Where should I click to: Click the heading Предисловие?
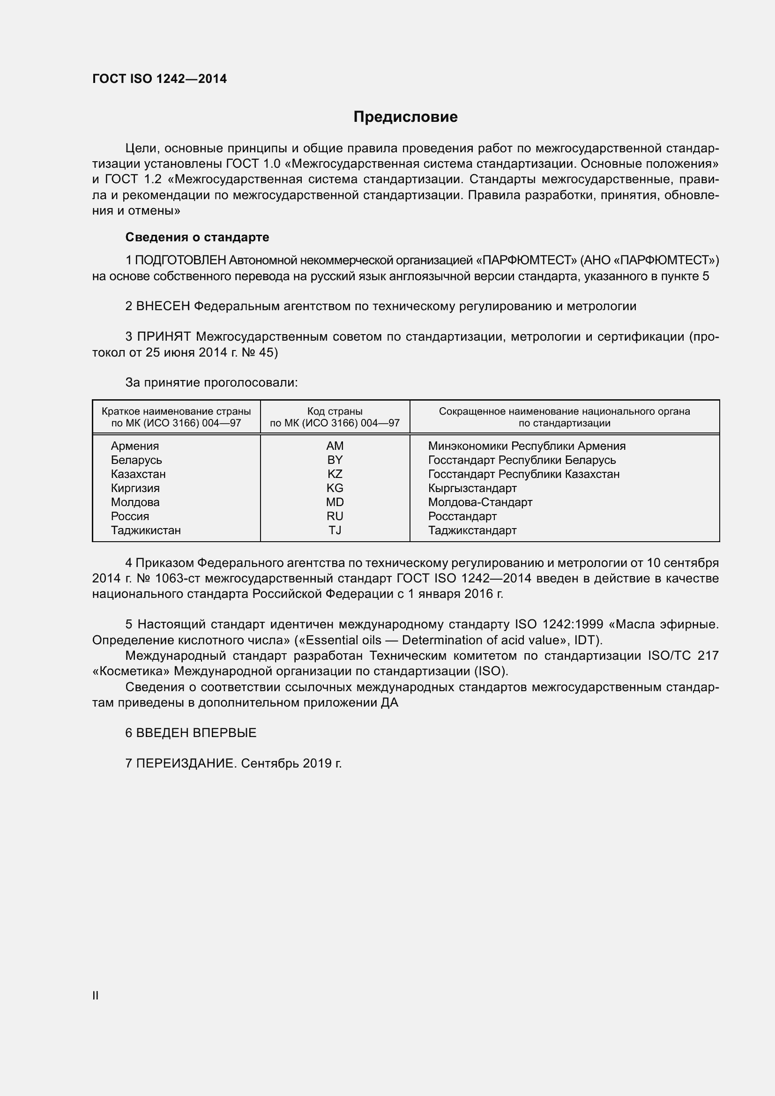coord(405,117)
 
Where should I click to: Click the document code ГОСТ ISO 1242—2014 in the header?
coord(159,79)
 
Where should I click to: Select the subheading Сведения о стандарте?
coord(197,237)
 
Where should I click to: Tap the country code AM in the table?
coord(335,446)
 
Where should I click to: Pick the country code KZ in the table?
coord(335,474)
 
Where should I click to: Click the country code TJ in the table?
coord(335,530)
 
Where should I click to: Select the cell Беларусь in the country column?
coord(136,460)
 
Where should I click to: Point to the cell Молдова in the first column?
coord(135,502)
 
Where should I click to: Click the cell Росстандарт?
coord(462,516)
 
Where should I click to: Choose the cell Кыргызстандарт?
coord(472,488)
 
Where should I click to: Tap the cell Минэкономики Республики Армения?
coord(526,446)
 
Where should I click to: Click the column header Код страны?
coord(335,411)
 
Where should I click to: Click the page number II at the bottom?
coord(96,995)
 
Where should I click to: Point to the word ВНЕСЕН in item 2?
coord(163,306)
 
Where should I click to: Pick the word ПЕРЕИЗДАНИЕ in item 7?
coord(186,764)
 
